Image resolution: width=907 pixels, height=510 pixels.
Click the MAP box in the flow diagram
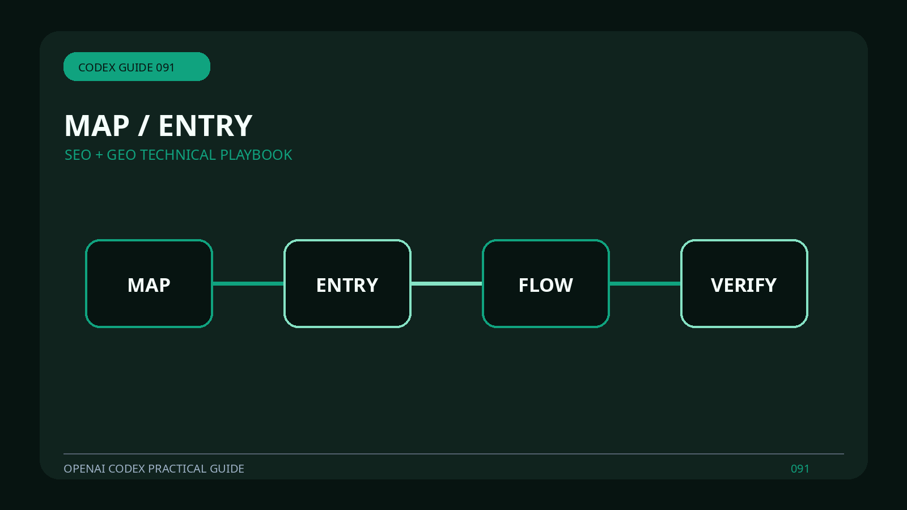[149, 283]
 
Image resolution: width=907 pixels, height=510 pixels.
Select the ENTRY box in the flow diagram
[347, 283]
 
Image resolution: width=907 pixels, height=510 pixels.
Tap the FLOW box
[546, 283]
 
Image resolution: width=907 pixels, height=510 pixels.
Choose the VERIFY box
[744, 283]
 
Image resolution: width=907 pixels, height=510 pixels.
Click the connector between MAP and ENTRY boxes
[248, 283]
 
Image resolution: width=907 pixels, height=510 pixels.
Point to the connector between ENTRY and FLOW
[447, 283]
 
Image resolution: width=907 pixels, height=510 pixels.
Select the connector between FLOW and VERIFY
[645, 283]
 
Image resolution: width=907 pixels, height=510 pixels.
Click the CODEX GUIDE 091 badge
[137, 66]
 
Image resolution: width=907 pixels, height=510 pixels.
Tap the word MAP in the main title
[97, 126]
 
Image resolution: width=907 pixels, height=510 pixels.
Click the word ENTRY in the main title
[206, 126]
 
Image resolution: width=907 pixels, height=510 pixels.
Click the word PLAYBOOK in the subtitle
[256, 155]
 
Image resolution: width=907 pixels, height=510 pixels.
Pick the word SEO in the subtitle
[78, 155]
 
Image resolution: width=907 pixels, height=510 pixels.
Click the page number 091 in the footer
[800, 469]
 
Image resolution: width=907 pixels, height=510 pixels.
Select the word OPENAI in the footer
[84, 469]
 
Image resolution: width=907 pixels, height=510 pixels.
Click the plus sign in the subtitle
[99, 155]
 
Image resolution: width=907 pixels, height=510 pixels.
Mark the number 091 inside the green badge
[165, 67]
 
